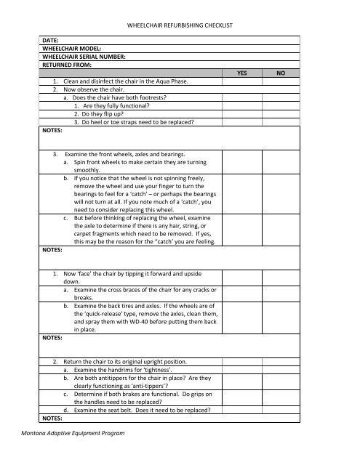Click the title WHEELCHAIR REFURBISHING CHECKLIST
click(179, 26)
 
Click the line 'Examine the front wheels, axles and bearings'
click(124, 155)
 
